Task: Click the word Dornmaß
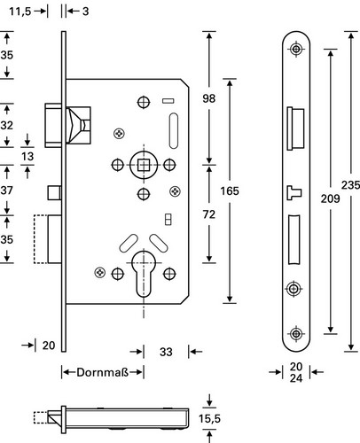pos(103,372)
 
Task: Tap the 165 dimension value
pos(230,191)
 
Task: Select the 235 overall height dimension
pos(350,185)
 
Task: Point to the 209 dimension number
pos(330,198)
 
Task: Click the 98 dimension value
pos(209,98)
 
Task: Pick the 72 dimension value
pos(209,214)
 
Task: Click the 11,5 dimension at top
pos(20,12)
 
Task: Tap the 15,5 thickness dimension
pos(209,418)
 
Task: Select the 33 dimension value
pos(166,352)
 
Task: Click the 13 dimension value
pos(27,156)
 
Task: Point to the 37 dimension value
pos(7,190)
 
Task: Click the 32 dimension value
pos(7,125)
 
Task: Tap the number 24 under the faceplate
pos(296,378)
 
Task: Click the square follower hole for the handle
pos(144,165)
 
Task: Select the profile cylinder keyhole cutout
pos(144,273)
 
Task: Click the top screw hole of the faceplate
pos(296,49)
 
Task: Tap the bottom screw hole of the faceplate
pos(296,334)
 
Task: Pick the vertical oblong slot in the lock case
pos(174,130)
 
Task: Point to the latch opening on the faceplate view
pos(295,128)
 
